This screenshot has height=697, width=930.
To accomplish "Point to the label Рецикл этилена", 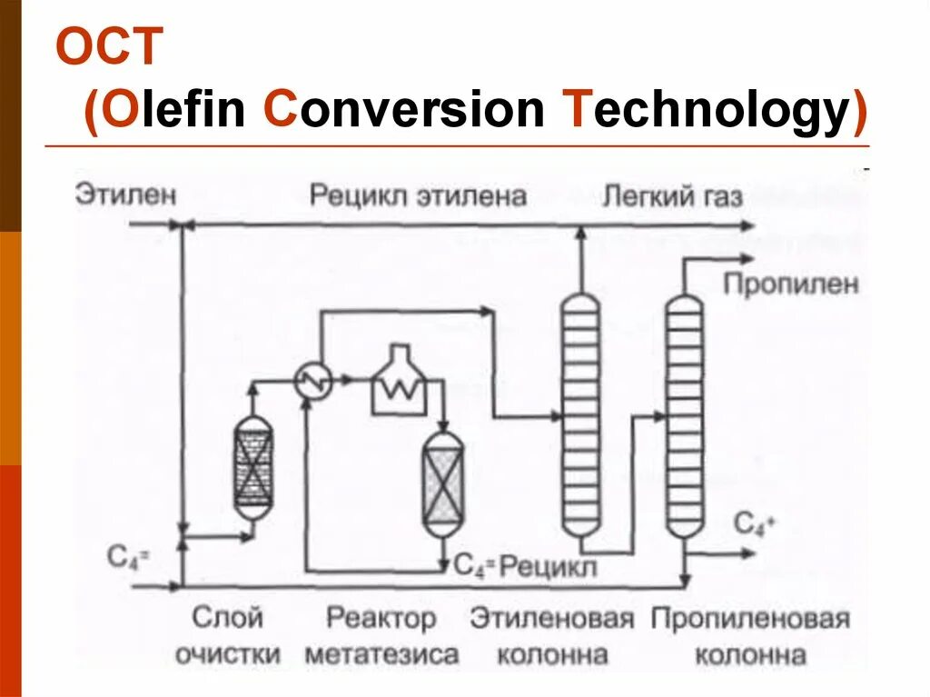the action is (x=418, y=195).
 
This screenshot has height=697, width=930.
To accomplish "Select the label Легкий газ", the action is (x=673, y=195).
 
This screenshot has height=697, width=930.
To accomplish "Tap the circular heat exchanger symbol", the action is (x=314, y=383).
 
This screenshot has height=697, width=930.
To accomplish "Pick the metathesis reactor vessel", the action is (x=442, y=482).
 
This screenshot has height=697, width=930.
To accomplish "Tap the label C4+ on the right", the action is (x=751, y=523).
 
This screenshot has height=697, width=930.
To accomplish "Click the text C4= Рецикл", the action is (x=525, y=567).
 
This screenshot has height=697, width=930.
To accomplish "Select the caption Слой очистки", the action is (x=228, y=636).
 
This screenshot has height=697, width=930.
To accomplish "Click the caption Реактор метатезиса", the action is (x=381, y=636).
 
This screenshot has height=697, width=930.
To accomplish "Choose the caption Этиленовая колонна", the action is (x=551, y=636).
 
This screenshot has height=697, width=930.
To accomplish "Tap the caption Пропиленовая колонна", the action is (x=750, y=636).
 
